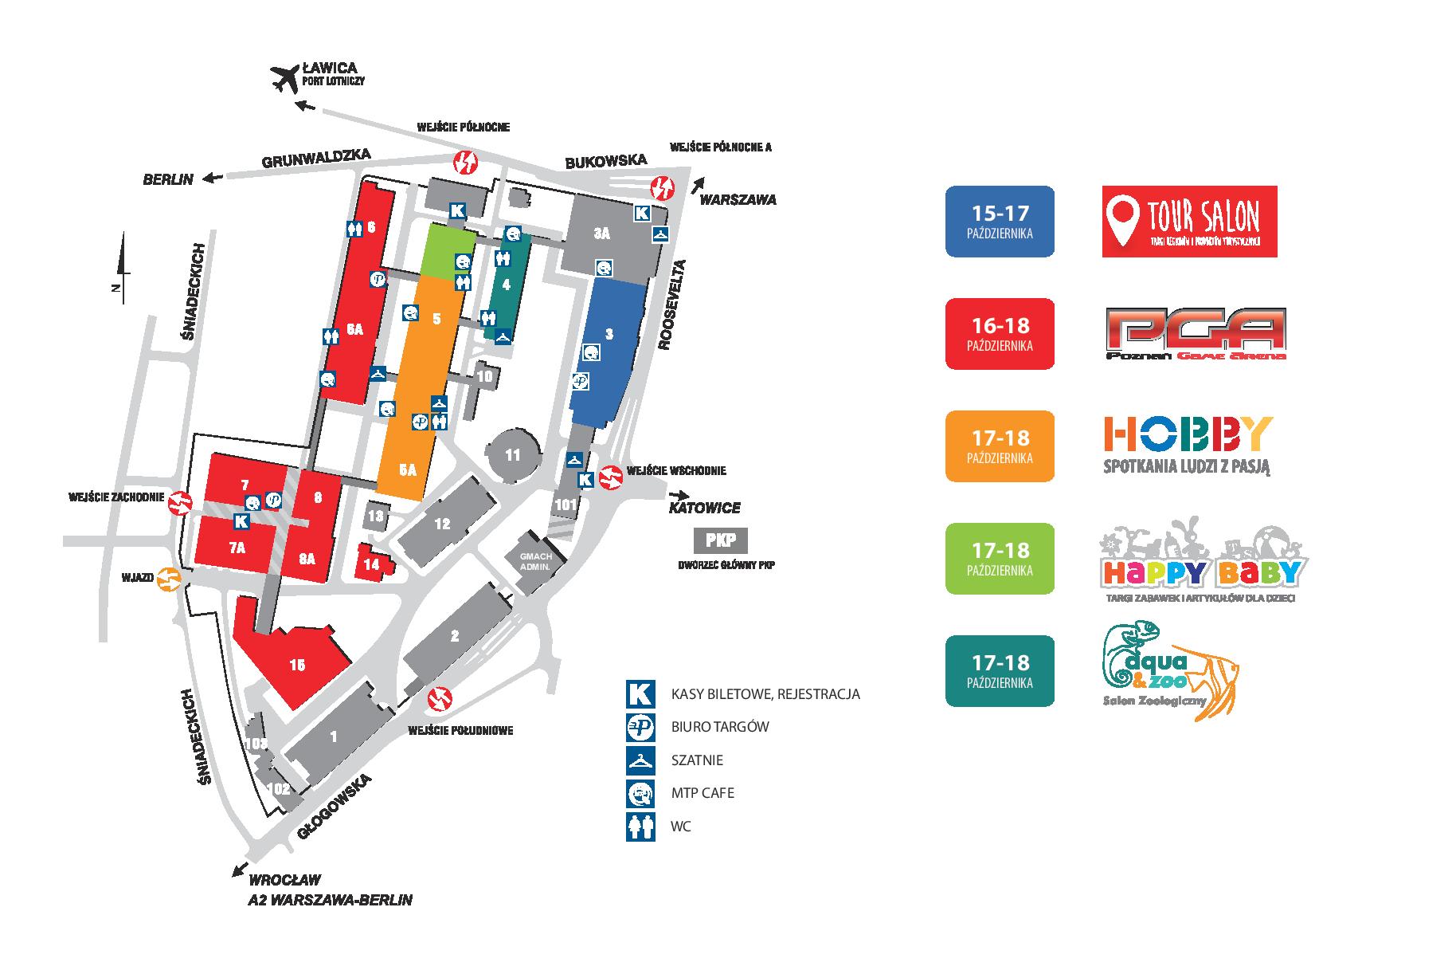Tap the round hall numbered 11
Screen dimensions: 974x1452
pyautogui.click(x=512, y=456)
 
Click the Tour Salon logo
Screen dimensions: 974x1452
pyautogui.click(x=1189, y=222)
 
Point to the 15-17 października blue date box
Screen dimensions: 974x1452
pyautogui.click(x=1000, y=222)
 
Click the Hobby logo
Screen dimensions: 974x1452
pyautogui.click(x=1187, y=445)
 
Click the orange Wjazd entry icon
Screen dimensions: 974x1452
pyautogui.click(x=169, y=578)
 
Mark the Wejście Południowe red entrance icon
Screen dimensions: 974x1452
pyautogui.click(x=440, y=699)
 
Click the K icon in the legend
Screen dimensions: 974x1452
pyautogui.click(x=640, y=693)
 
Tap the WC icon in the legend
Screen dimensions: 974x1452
pyautogui.click(x=640, y=826)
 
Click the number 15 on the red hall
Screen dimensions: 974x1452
pyautogui.click(x=297, y=666)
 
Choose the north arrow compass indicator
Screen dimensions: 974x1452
pyautogui.click(x=120, y=267)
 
